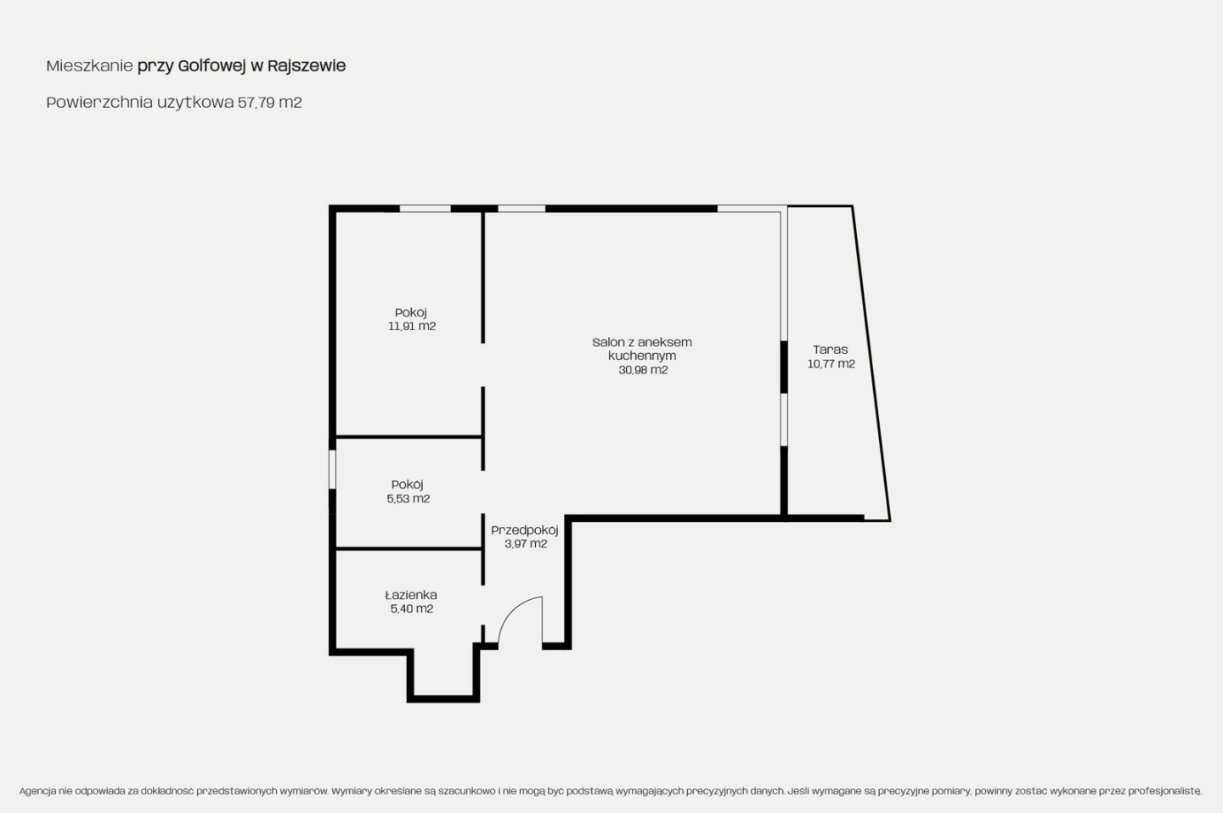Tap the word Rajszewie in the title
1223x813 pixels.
point(307,66)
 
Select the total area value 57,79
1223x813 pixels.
point(256,103)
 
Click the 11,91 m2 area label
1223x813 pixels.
point(412,326)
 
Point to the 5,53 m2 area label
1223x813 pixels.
point(409,499)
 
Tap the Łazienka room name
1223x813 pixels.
point(410,595)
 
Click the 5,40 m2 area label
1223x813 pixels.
point(412,609)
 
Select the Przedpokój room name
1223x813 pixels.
point(525,530)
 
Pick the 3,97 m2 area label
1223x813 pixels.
point(526,544)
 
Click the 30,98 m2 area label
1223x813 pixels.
point(643,370)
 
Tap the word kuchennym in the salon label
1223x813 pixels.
point(642,356)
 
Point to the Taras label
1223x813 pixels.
point(831,350)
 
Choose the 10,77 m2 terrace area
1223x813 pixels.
point(831,364)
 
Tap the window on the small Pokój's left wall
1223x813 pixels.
point(332,469)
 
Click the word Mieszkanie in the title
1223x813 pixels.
point(89,66)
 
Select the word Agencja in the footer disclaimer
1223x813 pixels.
point(37,791)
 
